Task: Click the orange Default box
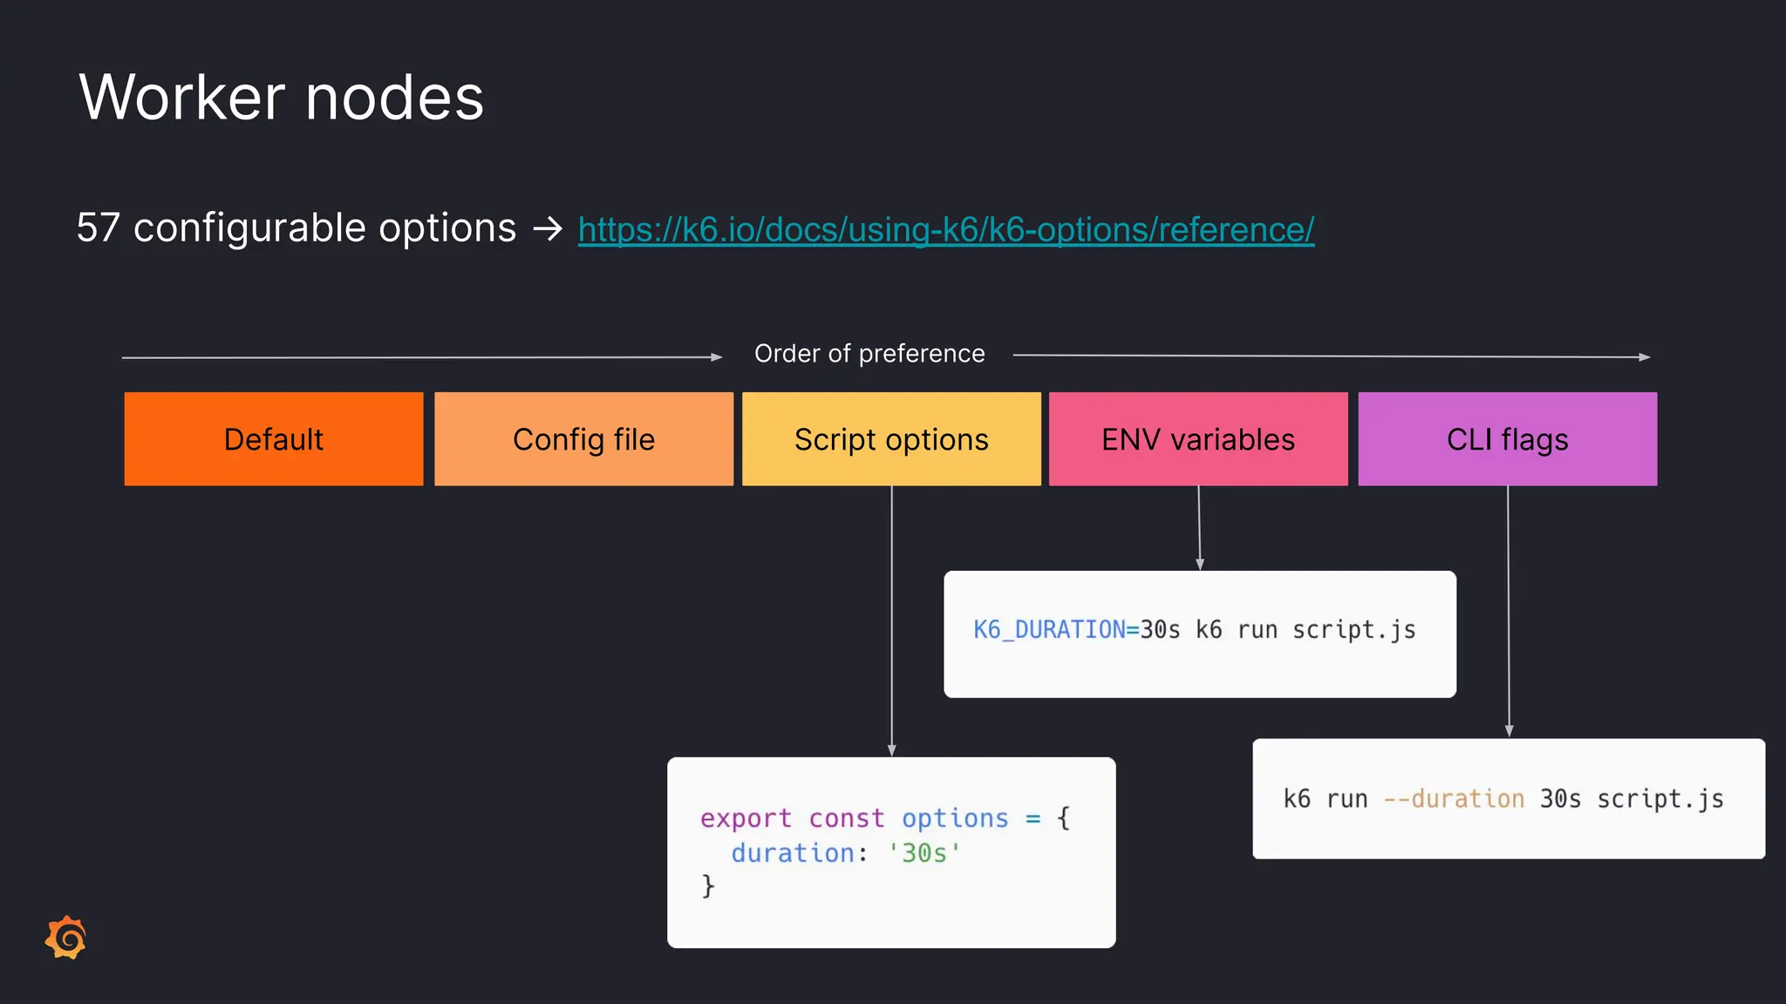click(273, 439)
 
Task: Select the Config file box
click(583, 439)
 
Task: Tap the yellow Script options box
click(891, 439)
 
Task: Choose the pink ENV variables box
click(1198, 439)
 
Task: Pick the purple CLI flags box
click(1507, 439)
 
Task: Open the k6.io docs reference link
click(946, 230)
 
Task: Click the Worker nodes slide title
click(281, 97)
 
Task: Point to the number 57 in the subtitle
click(98, 228)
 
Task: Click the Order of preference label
click(869, 354)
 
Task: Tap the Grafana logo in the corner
click(66, 938)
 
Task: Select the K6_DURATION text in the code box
click(1049, 630)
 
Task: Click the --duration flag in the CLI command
click(1454, 799)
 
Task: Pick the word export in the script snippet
click(746, 818)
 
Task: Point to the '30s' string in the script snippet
click(924, 853)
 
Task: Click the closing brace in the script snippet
click(708, 886)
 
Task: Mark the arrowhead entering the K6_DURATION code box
click(1200, 565)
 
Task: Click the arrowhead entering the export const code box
click(891, 750)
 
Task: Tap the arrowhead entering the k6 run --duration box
click(1509, 732)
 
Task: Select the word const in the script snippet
click(846, 818)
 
